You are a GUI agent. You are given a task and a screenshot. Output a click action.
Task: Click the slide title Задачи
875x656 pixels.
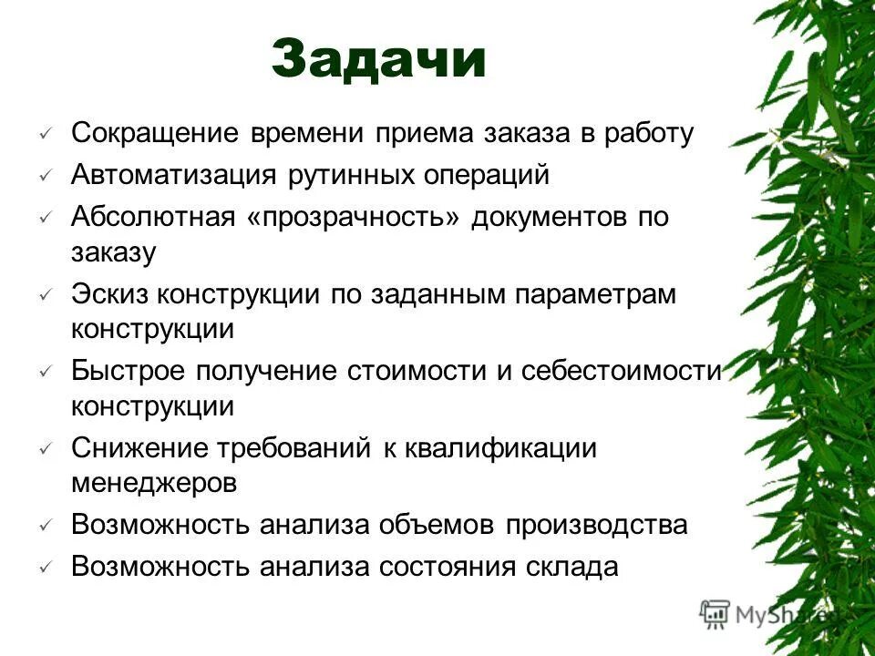click(x=378, y=59)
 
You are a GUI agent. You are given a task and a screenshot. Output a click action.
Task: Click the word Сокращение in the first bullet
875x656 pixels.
click(x=154, y=134)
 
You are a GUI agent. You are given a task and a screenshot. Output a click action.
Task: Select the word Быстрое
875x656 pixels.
click(x=129, y=371)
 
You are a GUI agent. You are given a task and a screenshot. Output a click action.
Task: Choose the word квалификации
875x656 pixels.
click(x=513, y=448)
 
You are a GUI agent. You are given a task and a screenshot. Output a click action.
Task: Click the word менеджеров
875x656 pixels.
click(x=154, y=483)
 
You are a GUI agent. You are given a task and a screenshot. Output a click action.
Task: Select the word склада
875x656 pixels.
click(x=572, y=567)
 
